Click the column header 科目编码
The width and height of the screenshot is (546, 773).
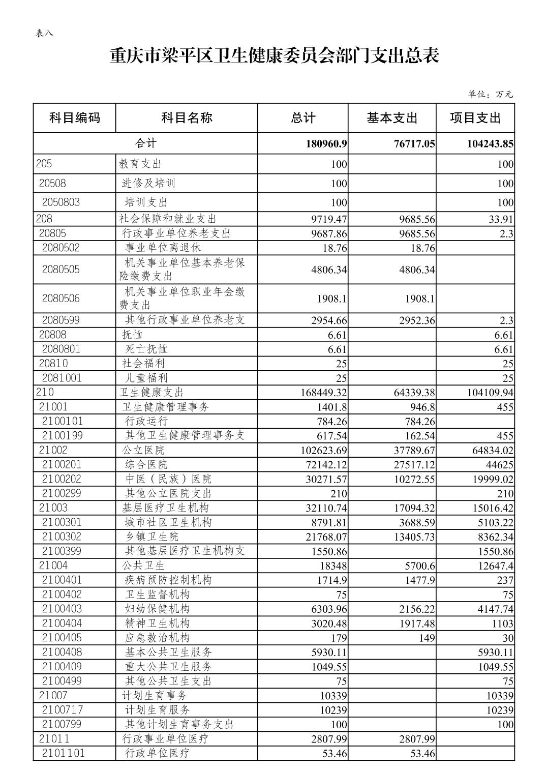coord(75,118)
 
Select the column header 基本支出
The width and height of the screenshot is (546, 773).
coord(392,118)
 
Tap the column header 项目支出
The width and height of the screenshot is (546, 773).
coord(475,118)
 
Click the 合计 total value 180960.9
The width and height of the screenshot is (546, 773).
coord(326,144)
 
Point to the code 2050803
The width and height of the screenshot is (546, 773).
coord(61,202)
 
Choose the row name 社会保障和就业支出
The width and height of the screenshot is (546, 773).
coord(168,219)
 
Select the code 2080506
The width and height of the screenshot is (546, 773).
coord(61,299)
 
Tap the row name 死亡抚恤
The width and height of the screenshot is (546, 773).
coord(146,349)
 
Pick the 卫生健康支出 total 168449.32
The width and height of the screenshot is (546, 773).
coord(319,393)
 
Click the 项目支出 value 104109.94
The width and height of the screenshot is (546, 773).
coord(487,393)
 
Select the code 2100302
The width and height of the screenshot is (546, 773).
coord(62,537)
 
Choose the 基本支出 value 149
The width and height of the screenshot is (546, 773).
coord(427,638)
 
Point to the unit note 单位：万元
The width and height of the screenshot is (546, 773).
coord(490,94)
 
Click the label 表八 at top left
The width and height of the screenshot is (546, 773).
coord(44,33)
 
